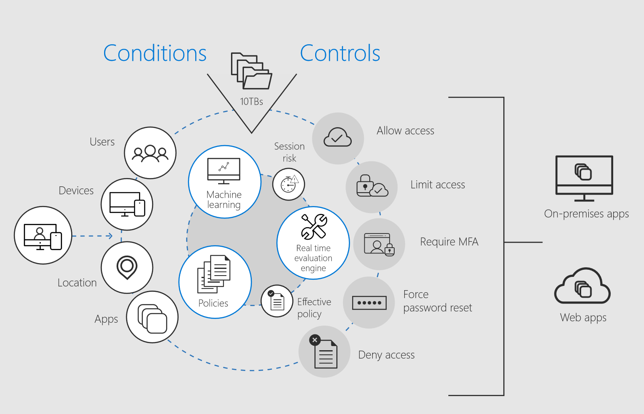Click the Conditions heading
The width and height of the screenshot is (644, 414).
[154, 53]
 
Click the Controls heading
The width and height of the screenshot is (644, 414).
[340, 53]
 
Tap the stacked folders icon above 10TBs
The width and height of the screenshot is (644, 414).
[251, 71]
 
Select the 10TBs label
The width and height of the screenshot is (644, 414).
[251, 101]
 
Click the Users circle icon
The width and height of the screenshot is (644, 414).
[150, 153]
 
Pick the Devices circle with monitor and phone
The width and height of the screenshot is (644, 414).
[127, 204]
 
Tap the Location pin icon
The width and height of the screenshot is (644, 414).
[127, 267]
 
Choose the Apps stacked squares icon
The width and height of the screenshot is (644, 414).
[152, 317]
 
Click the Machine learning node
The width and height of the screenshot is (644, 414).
[224, 182]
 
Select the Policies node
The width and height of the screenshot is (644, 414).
[215, 282]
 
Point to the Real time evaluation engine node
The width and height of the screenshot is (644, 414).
[313, 243]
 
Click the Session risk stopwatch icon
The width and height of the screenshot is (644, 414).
[289, 184]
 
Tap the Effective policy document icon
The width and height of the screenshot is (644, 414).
[277, 301]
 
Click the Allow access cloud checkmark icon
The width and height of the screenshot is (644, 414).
[338, 138]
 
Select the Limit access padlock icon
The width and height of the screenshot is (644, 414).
[372, 187]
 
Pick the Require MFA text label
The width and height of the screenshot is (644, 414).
[449, 242]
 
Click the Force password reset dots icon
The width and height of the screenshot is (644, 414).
[369, 303]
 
